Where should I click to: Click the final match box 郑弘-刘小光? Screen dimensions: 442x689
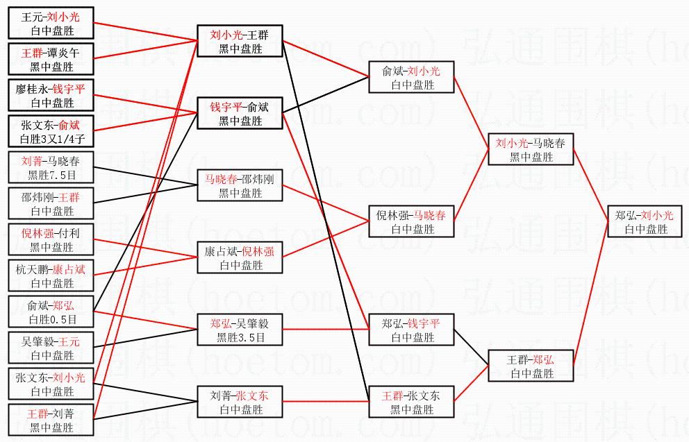click(x=644, y=222)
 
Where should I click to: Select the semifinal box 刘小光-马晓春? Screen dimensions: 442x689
click(x=531, y=150)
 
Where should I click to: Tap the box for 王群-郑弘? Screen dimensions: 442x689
click(x=531, y=366)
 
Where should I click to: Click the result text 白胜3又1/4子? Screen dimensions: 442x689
click(x=51, y=139)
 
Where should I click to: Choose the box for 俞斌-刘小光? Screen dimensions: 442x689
click(x=411, y=78)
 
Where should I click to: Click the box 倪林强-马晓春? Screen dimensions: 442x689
click(x=411, y=222)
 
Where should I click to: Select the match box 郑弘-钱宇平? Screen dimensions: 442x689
click(x=411, y=330)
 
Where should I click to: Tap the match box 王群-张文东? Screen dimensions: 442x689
click(x=411, y=402)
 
